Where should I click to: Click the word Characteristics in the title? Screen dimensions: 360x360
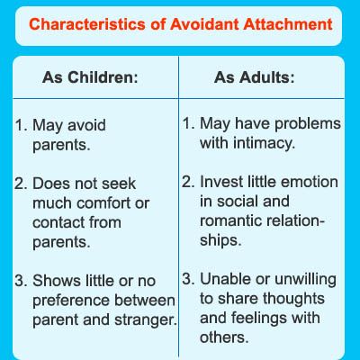87,24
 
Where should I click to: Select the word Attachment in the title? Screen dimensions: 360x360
288,24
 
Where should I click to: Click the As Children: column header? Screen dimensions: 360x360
90,77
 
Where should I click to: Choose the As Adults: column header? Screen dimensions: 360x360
255,77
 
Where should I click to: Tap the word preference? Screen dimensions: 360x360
72,301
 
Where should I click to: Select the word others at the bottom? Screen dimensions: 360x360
224,337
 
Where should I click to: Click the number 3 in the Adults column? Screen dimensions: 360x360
186,279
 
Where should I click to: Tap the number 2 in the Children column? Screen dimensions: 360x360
19,184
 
